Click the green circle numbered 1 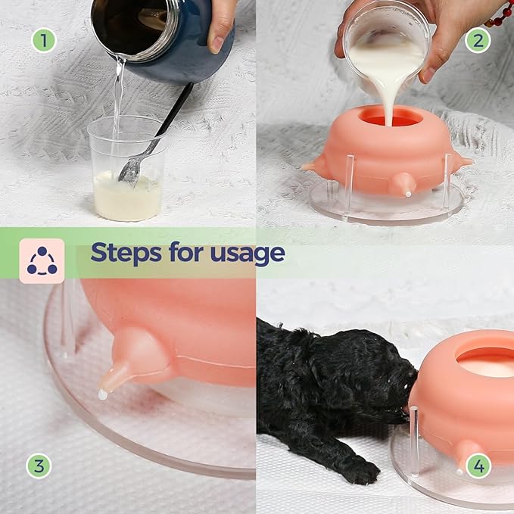tap(43, 39)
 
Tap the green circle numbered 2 tap(477, 39)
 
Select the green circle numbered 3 tap(39, 465)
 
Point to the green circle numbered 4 tap(477, 465)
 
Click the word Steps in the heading tap(126, 253)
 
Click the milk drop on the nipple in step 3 tap(102, 394)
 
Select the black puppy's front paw tap(361, 472)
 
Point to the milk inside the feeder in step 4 tap(488, 366)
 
